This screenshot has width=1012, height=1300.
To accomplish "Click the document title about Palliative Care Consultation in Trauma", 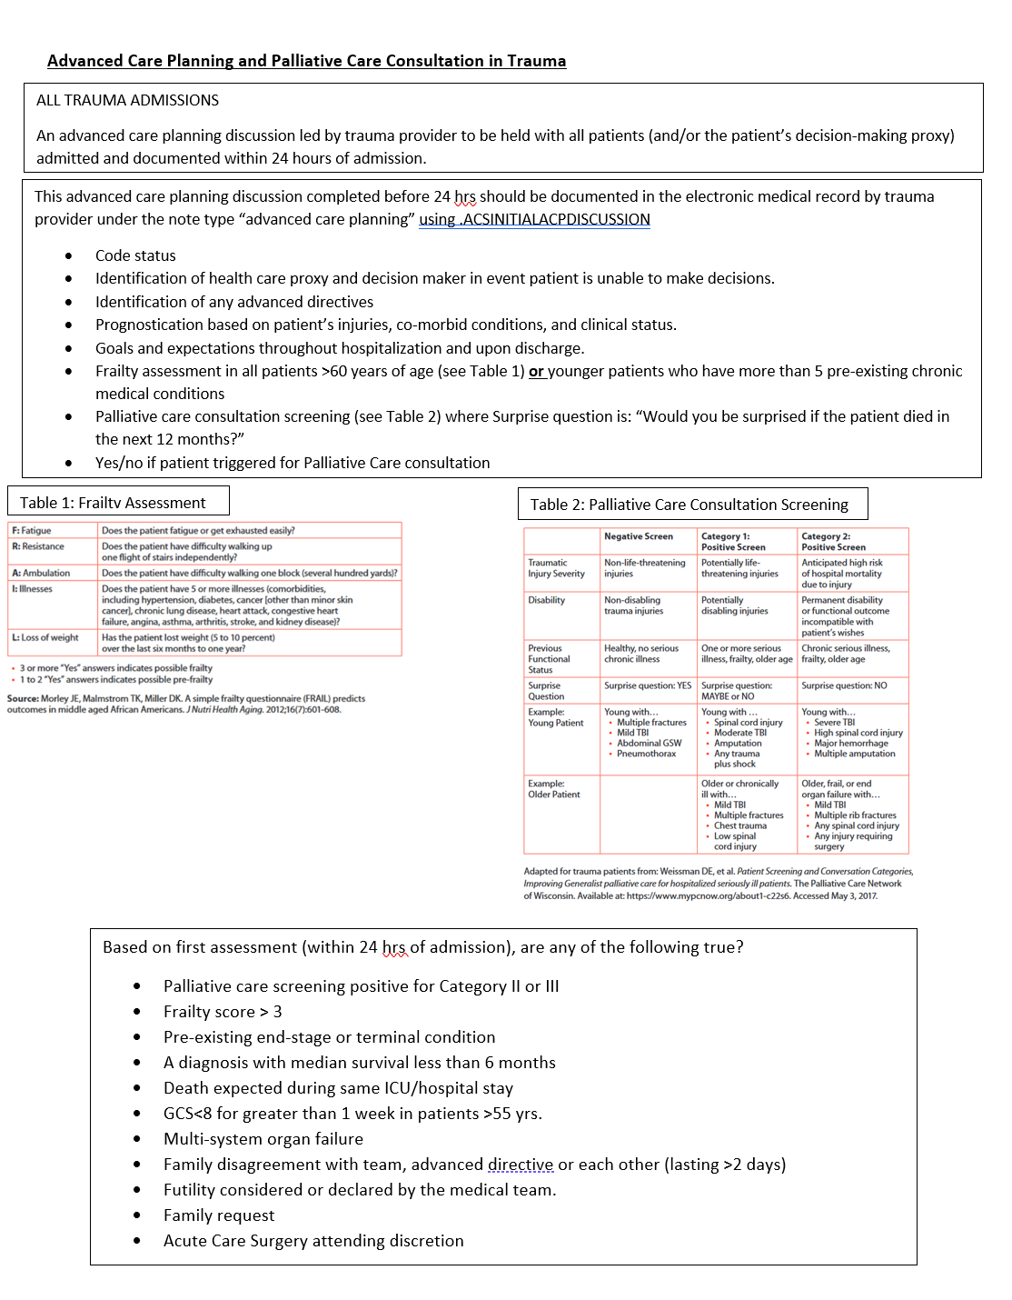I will coord(306,61).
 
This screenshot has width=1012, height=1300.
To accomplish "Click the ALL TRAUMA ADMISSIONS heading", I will coord(127,100).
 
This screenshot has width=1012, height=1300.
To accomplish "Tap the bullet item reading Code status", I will coord(135,255).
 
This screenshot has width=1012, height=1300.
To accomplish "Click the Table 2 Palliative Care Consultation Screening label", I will coord(689,505).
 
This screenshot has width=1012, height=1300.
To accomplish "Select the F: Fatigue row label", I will coord(32,530).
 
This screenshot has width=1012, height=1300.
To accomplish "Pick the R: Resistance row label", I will coord(38,546).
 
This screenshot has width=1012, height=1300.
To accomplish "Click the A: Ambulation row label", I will coord(41,573).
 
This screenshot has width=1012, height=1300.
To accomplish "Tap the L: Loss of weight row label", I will coord(45,637).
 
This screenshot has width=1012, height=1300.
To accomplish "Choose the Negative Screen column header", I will coord(639,536).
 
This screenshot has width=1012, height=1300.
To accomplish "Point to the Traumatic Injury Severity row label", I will coord(556,568).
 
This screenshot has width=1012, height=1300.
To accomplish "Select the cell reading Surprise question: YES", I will coord(648,685).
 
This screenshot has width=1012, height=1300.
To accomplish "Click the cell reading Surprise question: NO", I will coord(844,685).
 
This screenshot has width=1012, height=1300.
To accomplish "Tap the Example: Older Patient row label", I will coord(553,789).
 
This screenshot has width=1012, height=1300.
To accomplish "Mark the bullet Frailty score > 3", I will coord(223,1012).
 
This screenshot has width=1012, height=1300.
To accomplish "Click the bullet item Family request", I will coord(219,1215).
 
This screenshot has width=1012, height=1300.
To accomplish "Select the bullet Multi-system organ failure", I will coord(263,1139).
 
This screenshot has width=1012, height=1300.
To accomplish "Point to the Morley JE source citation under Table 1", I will coord(186,704).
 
